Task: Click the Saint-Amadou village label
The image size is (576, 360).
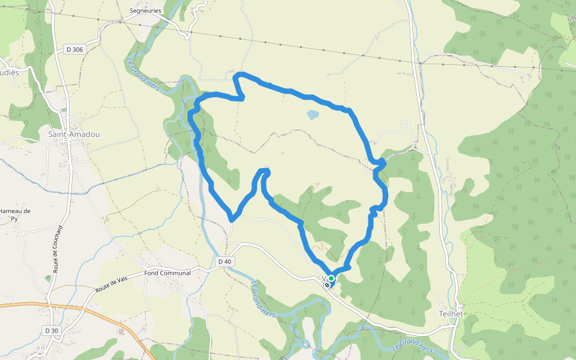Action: click(74, 135)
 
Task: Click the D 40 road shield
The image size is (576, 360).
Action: click(224, 262)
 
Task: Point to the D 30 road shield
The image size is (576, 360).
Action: click(51, 331)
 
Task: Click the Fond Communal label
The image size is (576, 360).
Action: click(167, 273)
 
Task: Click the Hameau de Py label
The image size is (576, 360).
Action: click(14, 215)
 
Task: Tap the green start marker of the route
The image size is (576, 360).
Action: click(331, 278)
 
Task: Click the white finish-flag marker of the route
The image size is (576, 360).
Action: click(327, 285)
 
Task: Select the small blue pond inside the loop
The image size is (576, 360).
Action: click(313, 113)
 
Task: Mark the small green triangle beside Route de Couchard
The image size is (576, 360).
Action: click(48, 279)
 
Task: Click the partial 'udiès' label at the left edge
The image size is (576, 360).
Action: click(10, 73)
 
